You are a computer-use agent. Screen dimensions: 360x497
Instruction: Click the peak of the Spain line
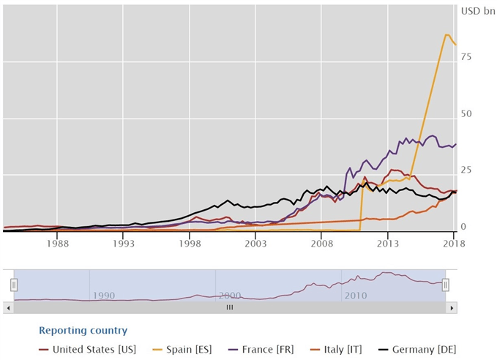[x=446, y=34]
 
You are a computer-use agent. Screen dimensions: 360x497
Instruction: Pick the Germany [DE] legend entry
[x=425, y=350]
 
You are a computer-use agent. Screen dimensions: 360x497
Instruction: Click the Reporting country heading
[x=83, y=331]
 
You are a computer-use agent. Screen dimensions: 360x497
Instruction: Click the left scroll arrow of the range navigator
[x=9, y=308]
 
